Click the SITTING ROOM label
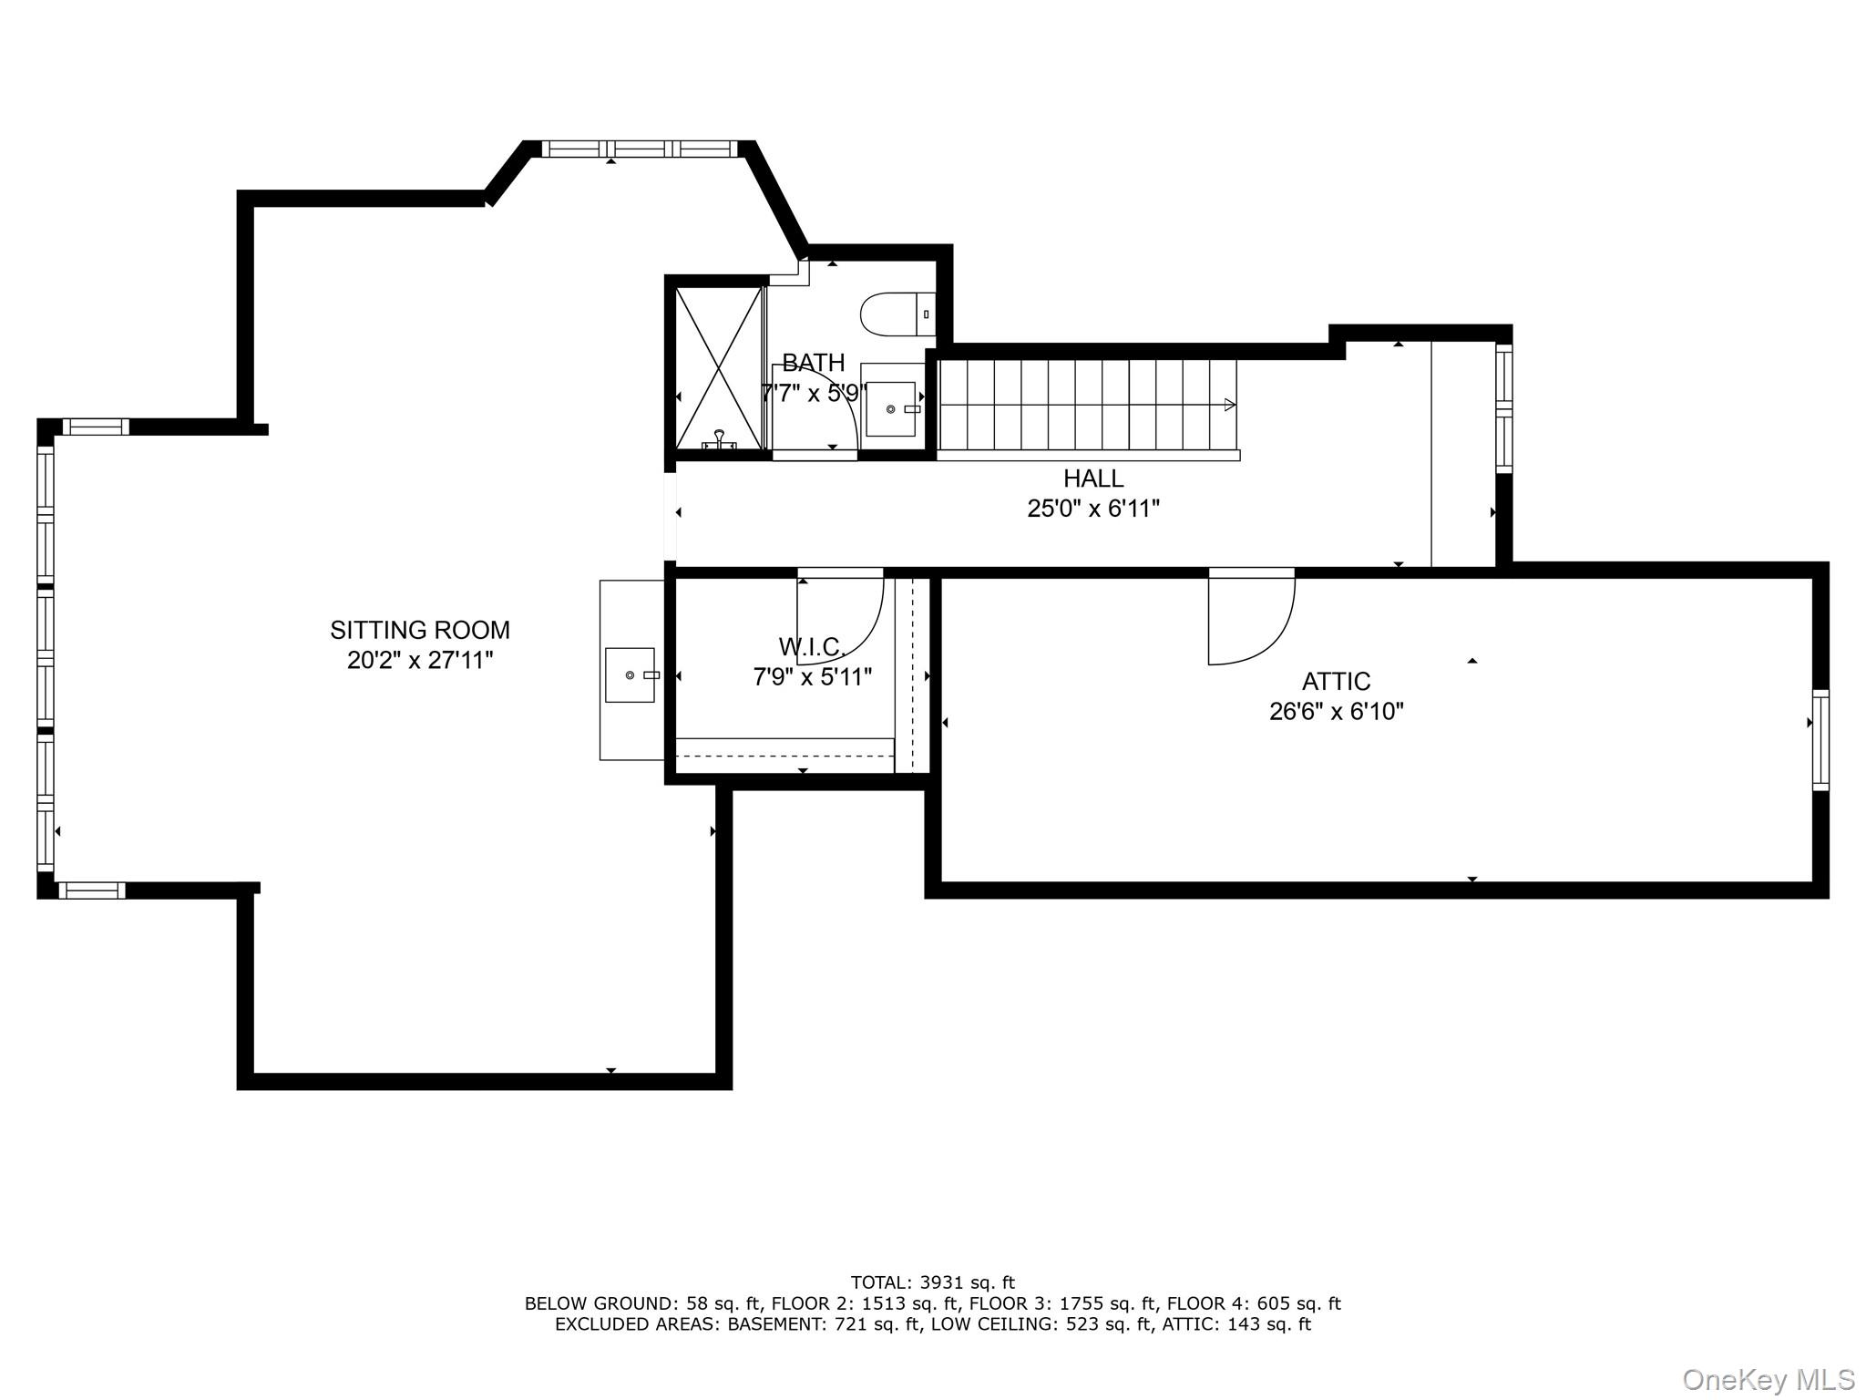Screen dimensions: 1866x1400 (x=420, y=630)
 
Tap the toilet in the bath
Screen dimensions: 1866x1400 (x=898, y=314)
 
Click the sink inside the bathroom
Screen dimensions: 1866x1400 (x=891, y=409)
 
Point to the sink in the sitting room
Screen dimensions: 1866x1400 (x=631, y=675)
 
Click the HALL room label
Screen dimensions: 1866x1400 (x=1093, y=479)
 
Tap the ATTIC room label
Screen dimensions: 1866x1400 (x=1336, y=682)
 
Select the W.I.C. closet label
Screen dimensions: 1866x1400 (x=812, y=647)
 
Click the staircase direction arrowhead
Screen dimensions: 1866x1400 (x=1230, y=405)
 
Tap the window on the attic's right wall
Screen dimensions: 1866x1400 (x=1820, y=740)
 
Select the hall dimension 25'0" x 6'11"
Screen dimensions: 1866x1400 (x=1093, y=509)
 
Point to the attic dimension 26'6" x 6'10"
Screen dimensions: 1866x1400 (x=1337, y=712)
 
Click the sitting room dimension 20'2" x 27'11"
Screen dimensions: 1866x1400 (x=420, y=660)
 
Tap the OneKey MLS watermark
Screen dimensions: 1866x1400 (x=1769, y=1379)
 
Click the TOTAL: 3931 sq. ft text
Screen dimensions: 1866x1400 (x=933, y=1283)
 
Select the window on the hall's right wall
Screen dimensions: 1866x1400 (x=1504, y=408)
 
